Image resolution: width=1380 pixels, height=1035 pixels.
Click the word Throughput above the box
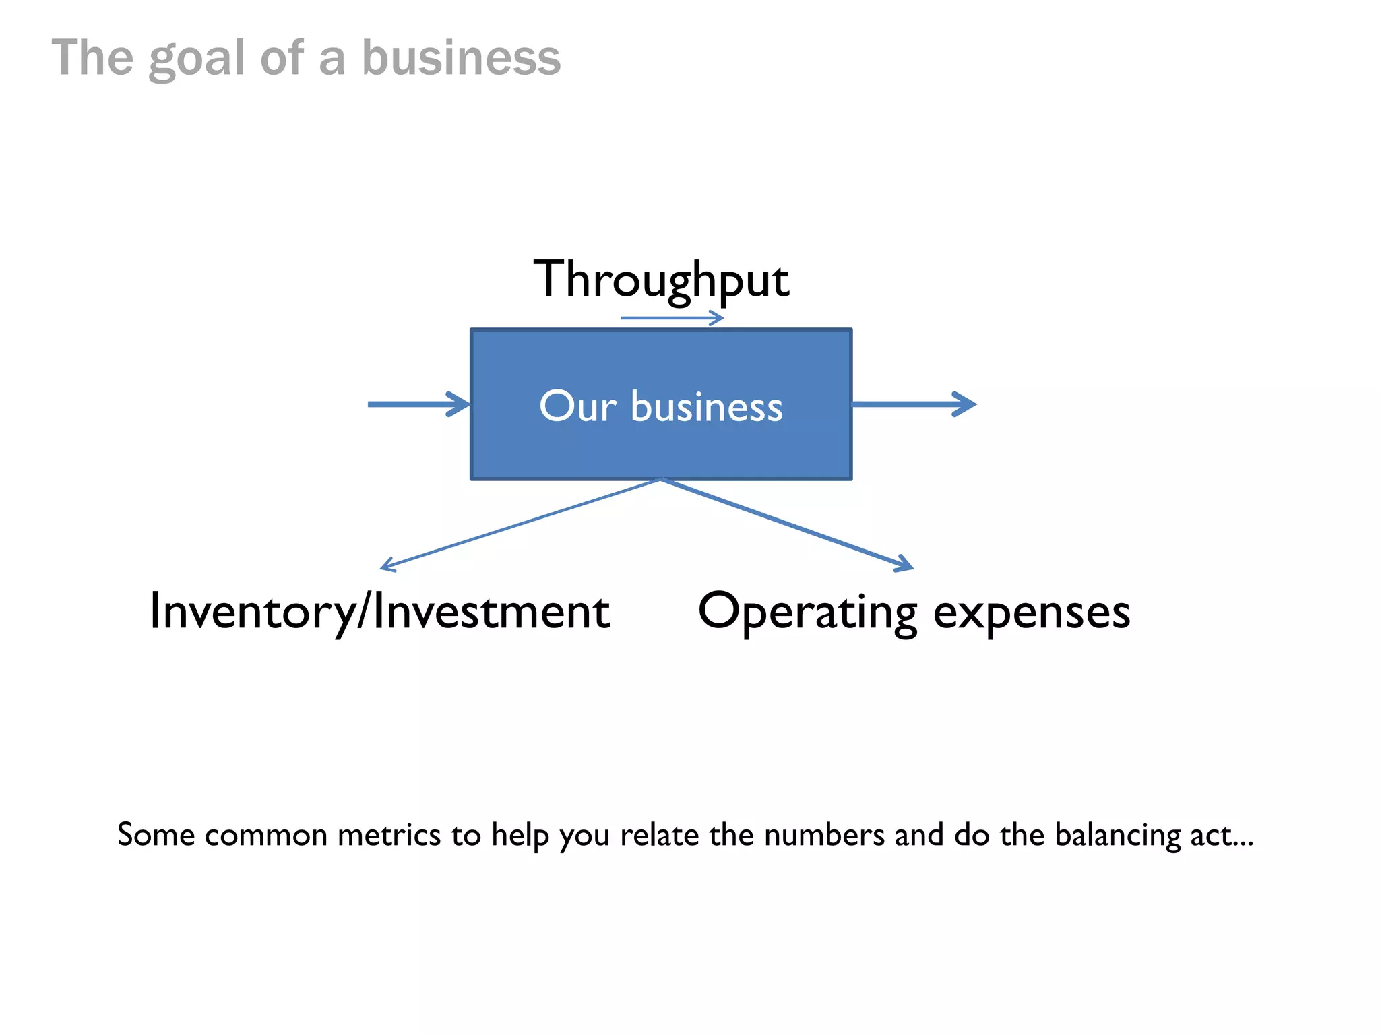click(661, 280)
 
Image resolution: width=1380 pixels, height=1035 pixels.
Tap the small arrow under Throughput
click(672, 317)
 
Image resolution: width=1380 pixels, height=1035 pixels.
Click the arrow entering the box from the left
click(418, 404)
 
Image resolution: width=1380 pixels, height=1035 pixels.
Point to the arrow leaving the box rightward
click(913, 404)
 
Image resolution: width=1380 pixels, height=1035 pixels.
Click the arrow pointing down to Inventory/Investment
click(519, 524)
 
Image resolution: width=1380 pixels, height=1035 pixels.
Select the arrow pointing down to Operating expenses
click(788, 524)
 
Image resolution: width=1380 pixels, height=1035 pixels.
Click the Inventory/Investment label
click(379, 612)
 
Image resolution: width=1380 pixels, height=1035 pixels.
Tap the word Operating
click(807, 612)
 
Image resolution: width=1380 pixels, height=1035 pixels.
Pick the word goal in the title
click(196, 59)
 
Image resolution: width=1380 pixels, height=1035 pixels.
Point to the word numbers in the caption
click(824, 835)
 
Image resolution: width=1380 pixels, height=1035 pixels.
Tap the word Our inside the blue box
click(577, 406)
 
